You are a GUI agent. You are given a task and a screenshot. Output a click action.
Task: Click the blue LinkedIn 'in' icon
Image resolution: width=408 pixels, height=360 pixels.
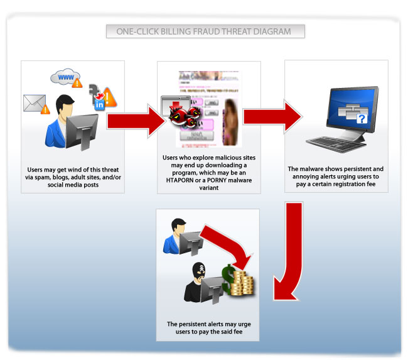(99, 106)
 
